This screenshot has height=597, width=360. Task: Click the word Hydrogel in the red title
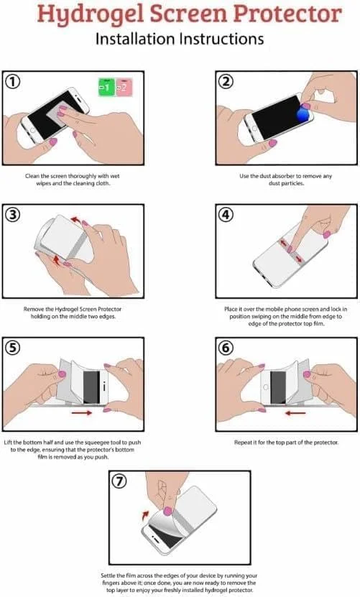coord(91,15)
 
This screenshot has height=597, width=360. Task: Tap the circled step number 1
coord(13,81)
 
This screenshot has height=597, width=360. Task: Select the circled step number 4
coord(226,215)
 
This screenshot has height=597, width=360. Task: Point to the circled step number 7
coord(119,481)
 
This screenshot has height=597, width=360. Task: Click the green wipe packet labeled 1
coord(106,87)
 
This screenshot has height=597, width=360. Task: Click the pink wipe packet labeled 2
coord(124,87)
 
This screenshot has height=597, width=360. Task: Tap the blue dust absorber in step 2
coord(303,114)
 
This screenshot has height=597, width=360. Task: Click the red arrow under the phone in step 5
coord(82,412)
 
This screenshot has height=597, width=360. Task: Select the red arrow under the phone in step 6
coord(295,412)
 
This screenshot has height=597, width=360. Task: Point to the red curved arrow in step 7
coord(145,516)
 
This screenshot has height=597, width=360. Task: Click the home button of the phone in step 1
coord(33,131)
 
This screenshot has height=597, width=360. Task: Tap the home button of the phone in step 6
coord(266,387)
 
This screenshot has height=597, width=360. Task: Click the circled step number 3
coord(13,215)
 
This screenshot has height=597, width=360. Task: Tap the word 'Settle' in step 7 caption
coord(109,575)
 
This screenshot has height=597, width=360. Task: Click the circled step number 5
coord(13,348)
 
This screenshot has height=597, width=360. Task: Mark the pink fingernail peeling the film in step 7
coord(167,511)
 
